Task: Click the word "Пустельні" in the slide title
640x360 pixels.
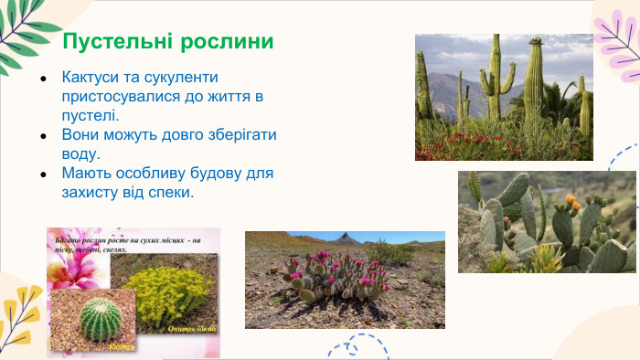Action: (x=113, y=43)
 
